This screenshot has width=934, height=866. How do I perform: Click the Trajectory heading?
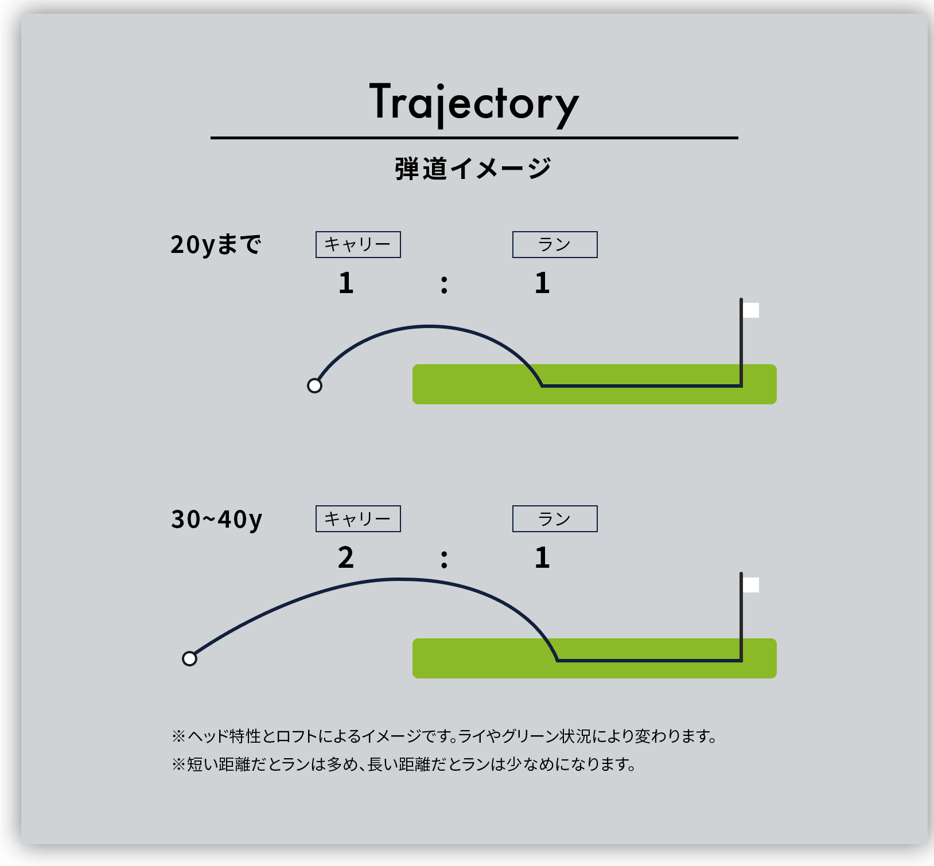[474, 104]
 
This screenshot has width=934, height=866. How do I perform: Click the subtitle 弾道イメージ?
[473, 169]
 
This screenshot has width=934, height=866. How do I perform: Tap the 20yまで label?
[216, 245]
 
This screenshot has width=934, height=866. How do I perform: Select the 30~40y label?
[216, 520]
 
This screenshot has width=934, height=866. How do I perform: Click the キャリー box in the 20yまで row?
[358, 245]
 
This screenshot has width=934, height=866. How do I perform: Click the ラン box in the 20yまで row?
[555, 245]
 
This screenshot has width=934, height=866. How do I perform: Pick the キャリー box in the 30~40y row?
[358, 519]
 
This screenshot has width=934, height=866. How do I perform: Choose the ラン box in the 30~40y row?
[555, 519]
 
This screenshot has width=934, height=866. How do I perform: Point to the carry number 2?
[346, 557]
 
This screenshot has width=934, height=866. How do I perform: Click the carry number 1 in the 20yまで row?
[346, 283]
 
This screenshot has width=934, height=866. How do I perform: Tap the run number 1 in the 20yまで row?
[542, 283]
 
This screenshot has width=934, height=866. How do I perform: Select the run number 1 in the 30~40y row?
[542, 557]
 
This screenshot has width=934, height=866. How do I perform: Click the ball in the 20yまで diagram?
[314, 386]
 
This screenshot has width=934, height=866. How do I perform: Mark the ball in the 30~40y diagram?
[189, 659]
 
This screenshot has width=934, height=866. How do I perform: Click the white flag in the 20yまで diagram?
[751, 310]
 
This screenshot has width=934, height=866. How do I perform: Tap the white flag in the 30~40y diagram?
[751, 585]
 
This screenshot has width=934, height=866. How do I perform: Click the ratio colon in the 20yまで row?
[444, 284]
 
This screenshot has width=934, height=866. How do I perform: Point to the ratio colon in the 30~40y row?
[444, 559]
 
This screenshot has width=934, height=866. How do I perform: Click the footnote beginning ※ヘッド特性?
[445, 736]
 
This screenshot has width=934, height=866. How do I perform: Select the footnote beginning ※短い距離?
[404, 764]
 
